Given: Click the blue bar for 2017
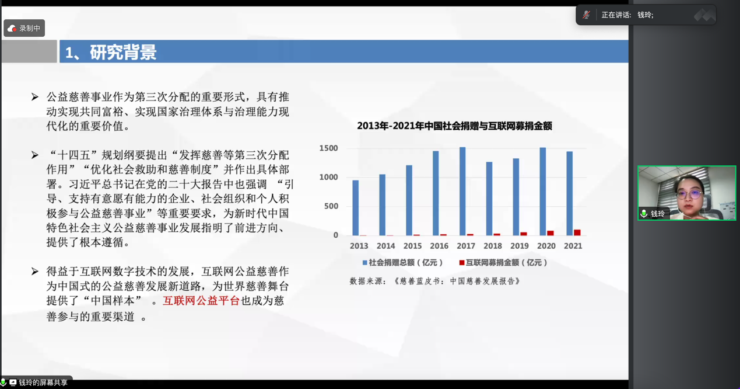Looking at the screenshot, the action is coord(462,191).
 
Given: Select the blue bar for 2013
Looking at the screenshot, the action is coord(356,208).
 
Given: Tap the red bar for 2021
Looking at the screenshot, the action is coord(577,232).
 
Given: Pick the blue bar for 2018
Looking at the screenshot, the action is coord(489,199).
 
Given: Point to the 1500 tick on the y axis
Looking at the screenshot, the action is coord(328,148).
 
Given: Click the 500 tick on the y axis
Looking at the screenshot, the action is coord(331,206).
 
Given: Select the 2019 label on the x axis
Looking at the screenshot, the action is coord(520,246).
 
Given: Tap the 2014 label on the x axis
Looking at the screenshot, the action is coord(385,246).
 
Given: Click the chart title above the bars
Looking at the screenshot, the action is coord(455,126).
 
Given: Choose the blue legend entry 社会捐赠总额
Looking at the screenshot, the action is coord(402,263).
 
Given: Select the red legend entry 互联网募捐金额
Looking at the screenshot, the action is coord(503,263).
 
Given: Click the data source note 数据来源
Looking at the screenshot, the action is coord(435,281).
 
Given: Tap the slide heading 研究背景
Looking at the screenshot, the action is coord(123,52).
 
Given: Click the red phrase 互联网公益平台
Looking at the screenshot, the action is coord(201,301).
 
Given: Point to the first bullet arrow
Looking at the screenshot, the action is coord(34,97).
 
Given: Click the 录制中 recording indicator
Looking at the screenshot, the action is coord(24,28).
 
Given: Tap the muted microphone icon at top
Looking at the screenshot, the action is coord(587,15).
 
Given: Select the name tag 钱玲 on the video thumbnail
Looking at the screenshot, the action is coord(654,214).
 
